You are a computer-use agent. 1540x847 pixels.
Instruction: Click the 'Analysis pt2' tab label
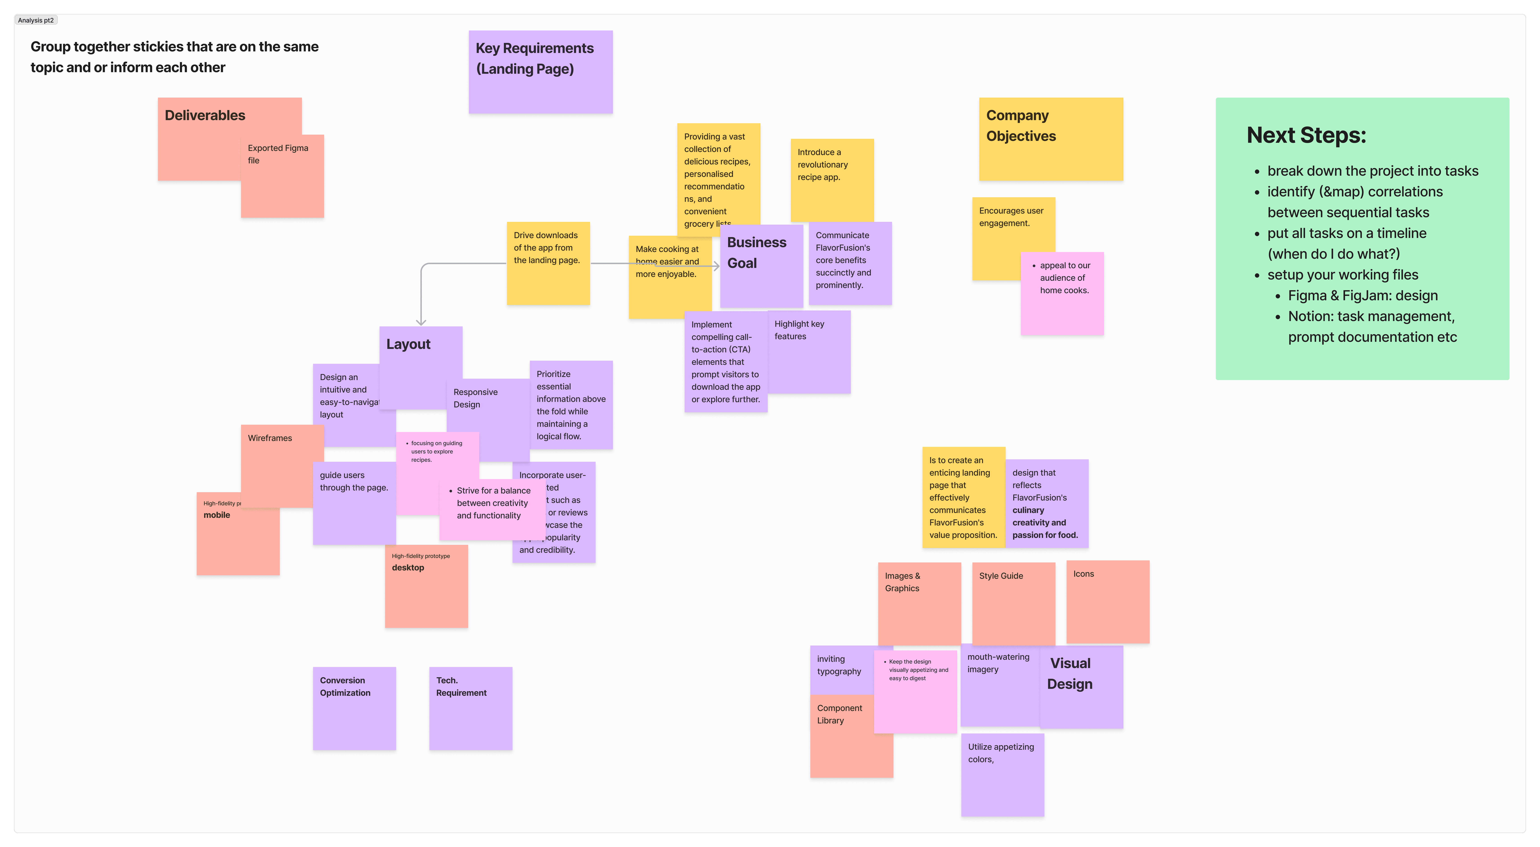click(36, 20)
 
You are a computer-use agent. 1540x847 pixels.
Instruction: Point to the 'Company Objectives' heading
click(1021, 125)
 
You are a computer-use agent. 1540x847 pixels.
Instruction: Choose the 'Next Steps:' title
click(1306, 135)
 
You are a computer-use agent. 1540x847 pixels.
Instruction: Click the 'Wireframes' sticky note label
click(270, 438)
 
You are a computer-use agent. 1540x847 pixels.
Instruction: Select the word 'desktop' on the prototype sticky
click(408, 568)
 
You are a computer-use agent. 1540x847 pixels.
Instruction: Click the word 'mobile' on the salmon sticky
click(216, 515)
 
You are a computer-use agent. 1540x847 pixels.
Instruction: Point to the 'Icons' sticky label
click(1083, 574)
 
